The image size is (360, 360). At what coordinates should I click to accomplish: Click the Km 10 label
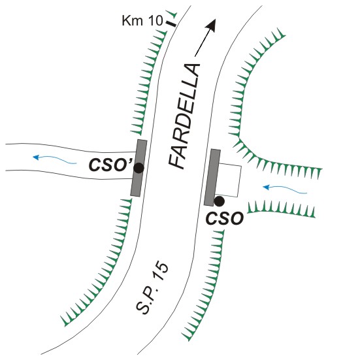tap(142, 21)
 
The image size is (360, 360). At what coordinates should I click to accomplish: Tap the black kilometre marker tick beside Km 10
tap(171, 24)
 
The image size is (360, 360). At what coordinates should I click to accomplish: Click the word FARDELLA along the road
tap(184, 116)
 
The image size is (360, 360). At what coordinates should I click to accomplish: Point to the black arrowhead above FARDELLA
tap(211, 25)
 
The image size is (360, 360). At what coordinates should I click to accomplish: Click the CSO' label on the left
tap(110, 165)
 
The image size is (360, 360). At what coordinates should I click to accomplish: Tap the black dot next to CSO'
tap(139, 169)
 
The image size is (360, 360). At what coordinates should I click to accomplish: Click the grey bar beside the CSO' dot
tap(139, 168)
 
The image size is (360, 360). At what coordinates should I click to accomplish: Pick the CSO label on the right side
tap(224, 219)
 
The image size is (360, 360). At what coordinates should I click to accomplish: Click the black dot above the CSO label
tap(219, 201)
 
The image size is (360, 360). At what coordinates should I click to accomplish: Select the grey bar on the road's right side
tap(212, 177)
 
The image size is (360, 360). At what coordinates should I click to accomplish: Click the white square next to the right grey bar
tap(229, 180)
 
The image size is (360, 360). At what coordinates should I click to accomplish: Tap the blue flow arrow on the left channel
tap(55, 159)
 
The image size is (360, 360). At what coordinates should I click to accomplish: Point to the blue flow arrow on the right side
tap(285, 189)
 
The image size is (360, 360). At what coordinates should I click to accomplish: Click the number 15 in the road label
tap(161, 272)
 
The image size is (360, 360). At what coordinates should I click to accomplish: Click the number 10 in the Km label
tap(155, 21)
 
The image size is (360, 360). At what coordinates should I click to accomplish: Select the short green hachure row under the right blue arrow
tap(281, 208)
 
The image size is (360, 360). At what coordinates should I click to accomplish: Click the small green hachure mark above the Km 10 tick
tap(172, 14)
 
